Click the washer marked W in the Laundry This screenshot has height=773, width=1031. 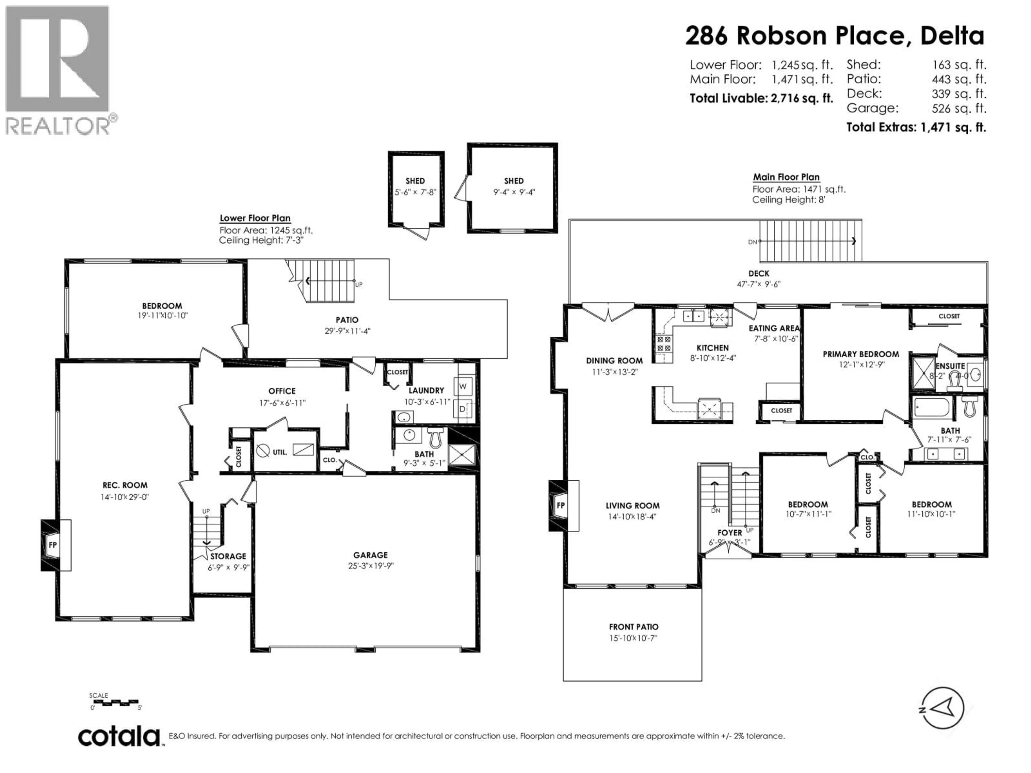click(463, 386)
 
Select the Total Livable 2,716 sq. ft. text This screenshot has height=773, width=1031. click(761, 98)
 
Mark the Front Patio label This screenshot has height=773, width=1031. click(633, 627)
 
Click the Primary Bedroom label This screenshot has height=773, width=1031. click(861, 354)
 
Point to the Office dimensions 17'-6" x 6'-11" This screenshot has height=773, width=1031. click(282, 403)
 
